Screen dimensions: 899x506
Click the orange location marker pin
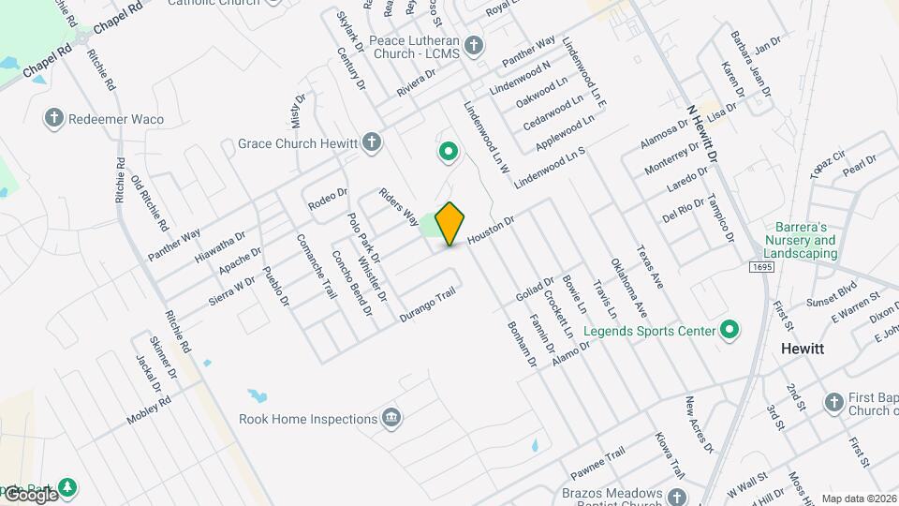point(450,223)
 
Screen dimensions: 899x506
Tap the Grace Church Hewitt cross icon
point(373,142)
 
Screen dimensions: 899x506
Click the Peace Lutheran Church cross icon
point(475,45)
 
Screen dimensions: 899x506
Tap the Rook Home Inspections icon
point(391,418)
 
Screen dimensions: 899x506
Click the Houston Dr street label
point(491,231)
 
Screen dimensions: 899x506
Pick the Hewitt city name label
point(803,348)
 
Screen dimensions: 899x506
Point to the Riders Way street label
point(399,207)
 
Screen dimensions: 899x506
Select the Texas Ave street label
point(649,266)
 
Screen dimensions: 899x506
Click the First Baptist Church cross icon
point(834,402)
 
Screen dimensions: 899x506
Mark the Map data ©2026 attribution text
point(859,499)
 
